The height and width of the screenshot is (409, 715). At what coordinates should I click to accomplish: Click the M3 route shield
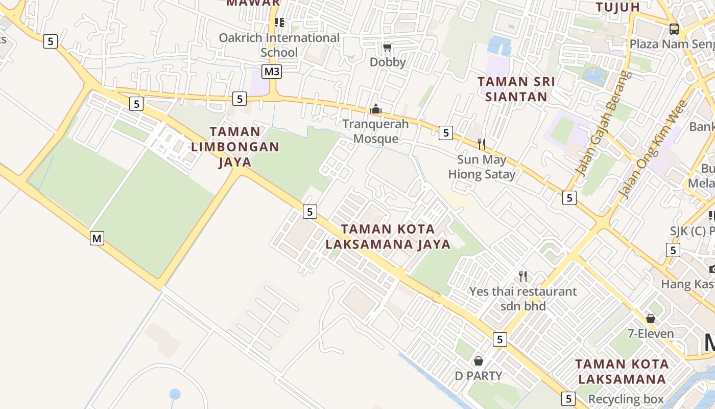coord(272,72)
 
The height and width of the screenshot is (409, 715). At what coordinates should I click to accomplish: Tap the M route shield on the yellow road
coord(97,238)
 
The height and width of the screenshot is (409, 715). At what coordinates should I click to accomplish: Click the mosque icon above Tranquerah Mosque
coord(376,109)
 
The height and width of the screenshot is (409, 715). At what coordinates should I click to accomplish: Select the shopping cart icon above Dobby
coord(387,48)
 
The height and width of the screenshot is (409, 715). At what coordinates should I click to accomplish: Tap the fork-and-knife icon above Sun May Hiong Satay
coord(481,144)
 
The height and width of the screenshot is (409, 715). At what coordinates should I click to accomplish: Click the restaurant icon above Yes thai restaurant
coord(522,277)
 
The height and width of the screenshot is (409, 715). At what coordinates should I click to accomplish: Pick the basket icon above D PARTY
coord(479,361)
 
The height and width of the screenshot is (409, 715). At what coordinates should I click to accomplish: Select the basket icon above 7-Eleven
coord(651,319)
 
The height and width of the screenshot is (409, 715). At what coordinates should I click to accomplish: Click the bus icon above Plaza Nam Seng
coord(674,29)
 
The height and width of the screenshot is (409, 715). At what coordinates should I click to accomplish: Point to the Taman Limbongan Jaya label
coord(235,147)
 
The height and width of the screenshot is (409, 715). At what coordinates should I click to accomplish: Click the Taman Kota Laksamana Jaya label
coord(388,237)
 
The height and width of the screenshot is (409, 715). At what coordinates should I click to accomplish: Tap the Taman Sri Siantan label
coord(516,89)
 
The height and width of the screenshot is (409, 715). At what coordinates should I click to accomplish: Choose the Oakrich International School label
coord(279,45)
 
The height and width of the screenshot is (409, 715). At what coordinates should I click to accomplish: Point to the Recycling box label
coord(626,399)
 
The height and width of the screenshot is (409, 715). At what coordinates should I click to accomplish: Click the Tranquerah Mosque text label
coord(376,131)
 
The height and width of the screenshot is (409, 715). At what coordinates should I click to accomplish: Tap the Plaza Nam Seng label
coord(672,44)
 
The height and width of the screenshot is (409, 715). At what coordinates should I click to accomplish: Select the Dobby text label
coord(388,62)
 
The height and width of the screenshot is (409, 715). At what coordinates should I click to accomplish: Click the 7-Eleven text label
coord(651,334)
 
